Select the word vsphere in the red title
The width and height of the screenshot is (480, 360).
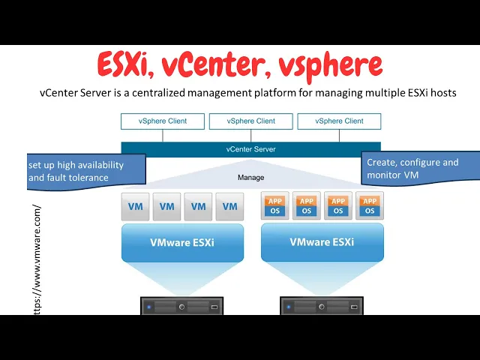click(x=330, y=66)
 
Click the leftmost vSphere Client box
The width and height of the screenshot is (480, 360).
click(x=162, y=121)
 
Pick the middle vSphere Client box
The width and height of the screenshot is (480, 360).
click(x=250, y=121)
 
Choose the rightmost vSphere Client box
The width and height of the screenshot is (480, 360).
click(x=339, y=121)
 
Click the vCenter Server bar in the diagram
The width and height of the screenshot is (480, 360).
click(x=250, y=149)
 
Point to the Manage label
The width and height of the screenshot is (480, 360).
click(x=250, y=178)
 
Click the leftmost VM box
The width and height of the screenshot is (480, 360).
click(x=135, y=206)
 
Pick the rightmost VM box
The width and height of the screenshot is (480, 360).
click(x=230, y=206)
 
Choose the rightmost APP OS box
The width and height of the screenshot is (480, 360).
click(x=370, y=205)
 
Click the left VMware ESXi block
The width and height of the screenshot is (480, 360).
click(x=182, y=242)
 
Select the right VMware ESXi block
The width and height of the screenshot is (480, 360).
click(x=322, y=242)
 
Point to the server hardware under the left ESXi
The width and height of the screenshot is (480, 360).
click(x=182, y=306)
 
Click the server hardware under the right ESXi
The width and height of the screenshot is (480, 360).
click(x=322, y=306)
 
